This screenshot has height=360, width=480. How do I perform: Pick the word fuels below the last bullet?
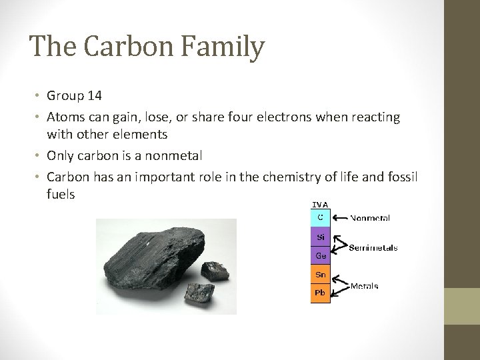pyautogui.click(x=61, y=194)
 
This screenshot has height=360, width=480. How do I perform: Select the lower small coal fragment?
pyautogui.click(x=195, y=291)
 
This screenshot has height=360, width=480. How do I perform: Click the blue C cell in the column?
pyautogui.click(x=320, y=217)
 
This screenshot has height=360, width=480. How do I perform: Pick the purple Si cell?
pyautogui.click(x=320, y=237)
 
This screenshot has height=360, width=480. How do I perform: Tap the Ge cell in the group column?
pyautogui.click(x=320, y=255)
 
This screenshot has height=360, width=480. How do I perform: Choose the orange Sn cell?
pyautogui.click(x=320, y=274)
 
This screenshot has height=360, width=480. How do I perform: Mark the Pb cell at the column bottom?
pyautogui.click(x=320, y=293)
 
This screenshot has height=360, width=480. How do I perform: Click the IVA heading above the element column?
pyautogui.click(x=320, y=205)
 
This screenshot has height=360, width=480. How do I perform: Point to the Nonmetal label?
pyautogui.click(x=370, y=218)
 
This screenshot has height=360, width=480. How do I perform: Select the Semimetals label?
pyautogui.click(x=373, y=247)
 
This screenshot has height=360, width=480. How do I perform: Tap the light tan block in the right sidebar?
pyautogui.click(x=462, y=306)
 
